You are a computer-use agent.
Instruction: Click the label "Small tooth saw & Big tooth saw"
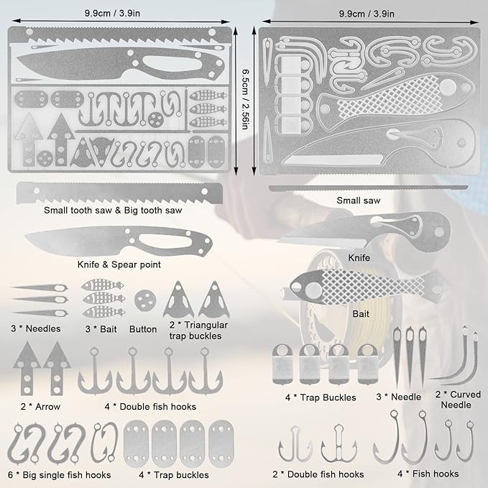[x=113, y=211]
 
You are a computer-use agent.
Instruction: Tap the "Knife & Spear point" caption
[x=119, y=264]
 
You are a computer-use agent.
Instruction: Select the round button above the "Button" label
[x=145, y=300]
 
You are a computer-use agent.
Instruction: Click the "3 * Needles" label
[x=36, y=328]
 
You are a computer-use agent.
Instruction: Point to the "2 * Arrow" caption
[x=40, y=407]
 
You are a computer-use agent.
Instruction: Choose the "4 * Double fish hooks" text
[x=150, y=407]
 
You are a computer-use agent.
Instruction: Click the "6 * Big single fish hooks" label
[x=60, y=475]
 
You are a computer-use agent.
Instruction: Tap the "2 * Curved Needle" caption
[x=458, y=400]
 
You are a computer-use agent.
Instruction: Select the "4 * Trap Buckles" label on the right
[x=321, y=397]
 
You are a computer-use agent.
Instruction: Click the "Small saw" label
[x=358, y=201]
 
